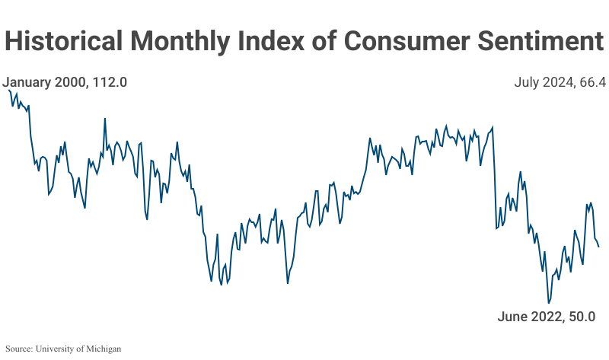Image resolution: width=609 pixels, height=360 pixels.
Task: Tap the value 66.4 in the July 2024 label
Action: [591, 82]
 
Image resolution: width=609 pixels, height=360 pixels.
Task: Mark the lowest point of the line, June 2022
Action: [548, 303]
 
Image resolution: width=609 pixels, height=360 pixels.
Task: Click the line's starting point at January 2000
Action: [8, 90]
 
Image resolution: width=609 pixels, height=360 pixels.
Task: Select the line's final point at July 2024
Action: [599, 247]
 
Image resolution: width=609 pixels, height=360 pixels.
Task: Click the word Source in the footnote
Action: [19, 349]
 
